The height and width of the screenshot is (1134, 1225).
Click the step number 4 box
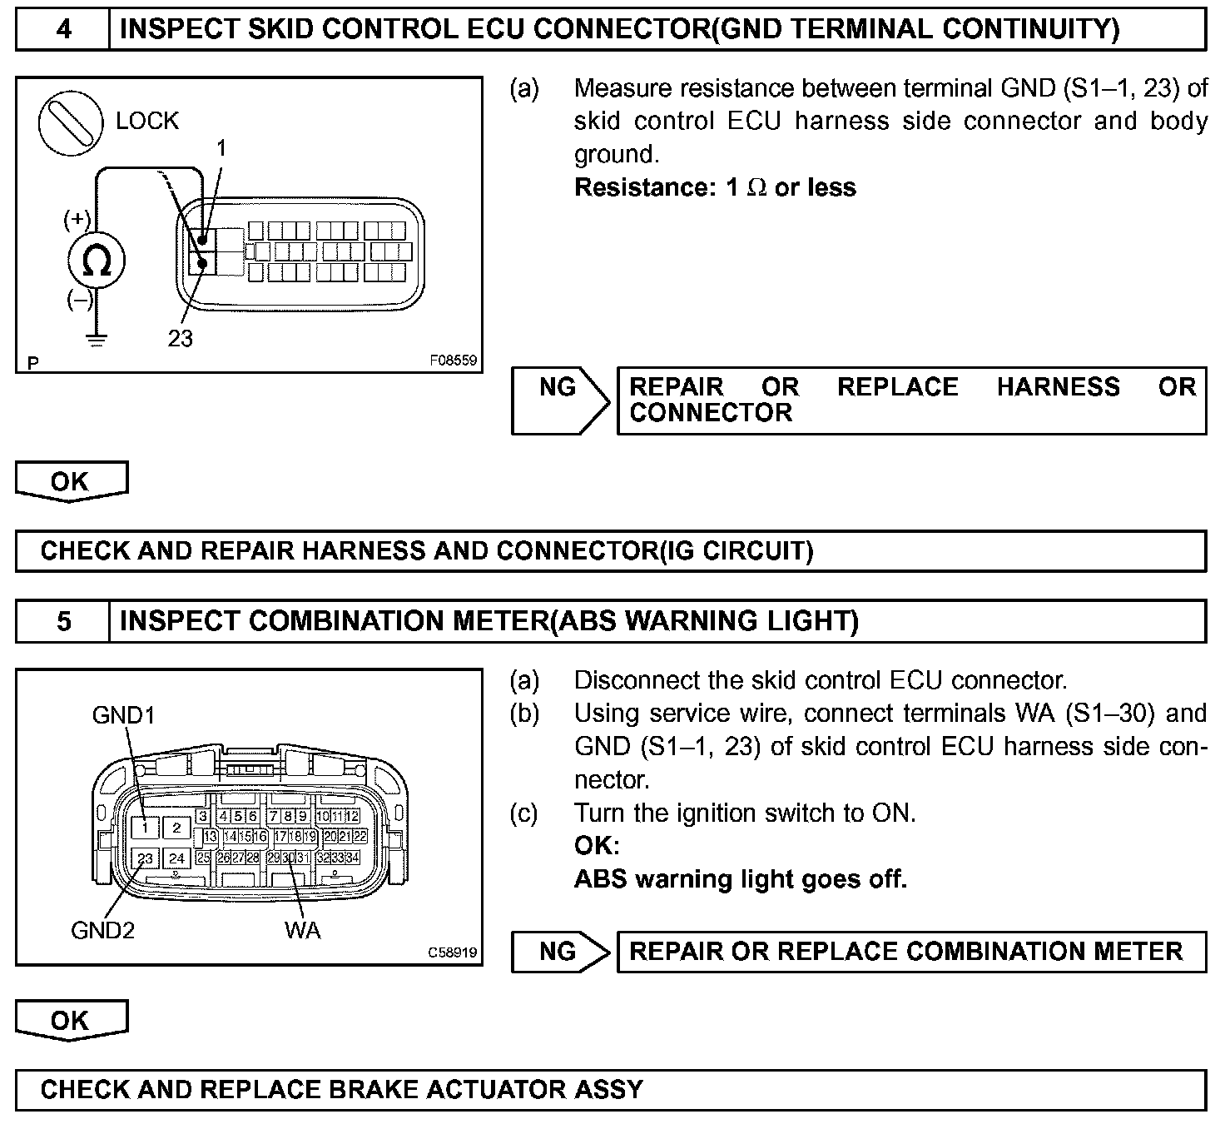(x=62, y=30)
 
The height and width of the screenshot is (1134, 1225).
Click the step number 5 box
(x=62, y=622)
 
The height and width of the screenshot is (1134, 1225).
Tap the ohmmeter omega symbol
(x=96, y=261)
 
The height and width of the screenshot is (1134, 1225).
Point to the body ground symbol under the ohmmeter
(x=97, y=340)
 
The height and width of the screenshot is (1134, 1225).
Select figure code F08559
(x=453, y=361)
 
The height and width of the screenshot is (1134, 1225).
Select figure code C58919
(x=453, y=952)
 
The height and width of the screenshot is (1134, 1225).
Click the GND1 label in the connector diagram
(x=123, y=715)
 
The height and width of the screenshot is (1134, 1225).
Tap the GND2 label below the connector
(x=102, y=930)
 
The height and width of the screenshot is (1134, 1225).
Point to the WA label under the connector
(x=302, y=930)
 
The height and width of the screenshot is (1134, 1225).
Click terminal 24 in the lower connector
(x=176, y=858)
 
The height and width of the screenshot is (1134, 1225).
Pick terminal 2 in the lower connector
(x=176, y=828)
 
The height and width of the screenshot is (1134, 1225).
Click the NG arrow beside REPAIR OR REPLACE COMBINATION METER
(x=561, y=952)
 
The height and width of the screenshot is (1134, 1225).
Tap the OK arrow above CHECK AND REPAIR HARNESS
(x=71, y=482)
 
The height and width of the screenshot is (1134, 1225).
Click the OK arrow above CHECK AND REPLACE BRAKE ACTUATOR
(x=71, y=1021)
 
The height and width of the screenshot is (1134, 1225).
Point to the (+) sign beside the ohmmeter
(x=77, y=220)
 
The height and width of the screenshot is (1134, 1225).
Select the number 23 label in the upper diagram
(x=180, y=338)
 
